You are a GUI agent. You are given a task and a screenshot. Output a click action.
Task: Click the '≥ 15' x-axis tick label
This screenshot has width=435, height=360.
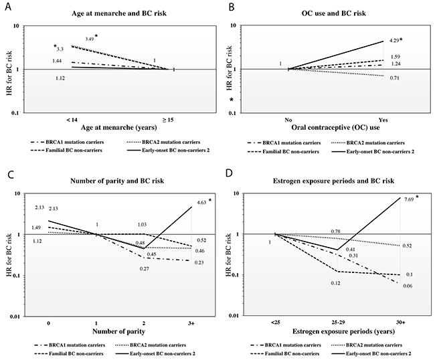tap(173, 120)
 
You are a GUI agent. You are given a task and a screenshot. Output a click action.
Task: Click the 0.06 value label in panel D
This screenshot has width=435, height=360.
tap(407, 286)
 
